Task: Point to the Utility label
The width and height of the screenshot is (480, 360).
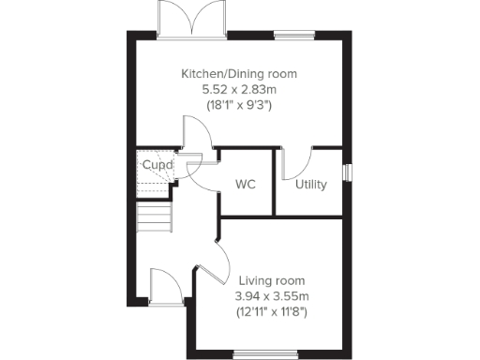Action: coord(310,185)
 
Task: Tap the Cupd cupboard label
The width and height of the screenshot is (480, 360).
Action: coord(157,166)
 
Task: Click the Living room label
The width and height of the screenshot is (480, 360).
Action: coord(271,280)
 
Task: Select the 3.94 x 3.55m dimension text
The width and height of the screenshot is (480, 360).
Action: coord(271,296)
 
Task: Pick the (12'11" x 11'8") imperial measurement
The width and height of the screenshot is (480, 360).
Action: coord(271,312)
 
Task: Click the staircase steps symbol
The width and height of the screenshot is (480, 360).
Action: coord(156,219)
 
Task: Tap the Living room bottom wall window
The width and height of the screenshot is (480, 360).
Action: coord(262,353)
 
